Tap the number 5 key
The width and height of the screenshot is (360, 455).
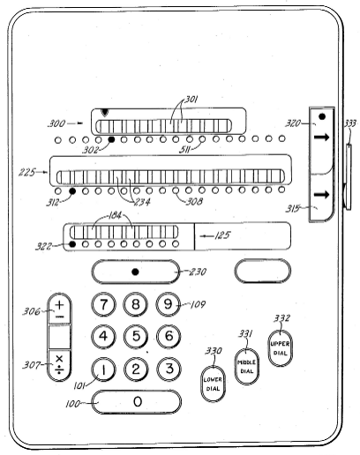pyautogui.click(x=136, y=337)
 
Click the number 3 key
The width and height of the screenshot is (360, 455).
pyautogui.click(x=169, y=369)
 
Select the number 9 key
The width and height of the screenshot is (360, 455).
pyautogui.click(x=168, y=304)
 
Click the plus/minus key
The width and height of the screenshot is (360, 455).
pyautogui.click(x=59, y=309)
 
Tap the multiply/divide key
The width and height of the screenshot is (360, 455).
pyautogui.click(x=59, y=365)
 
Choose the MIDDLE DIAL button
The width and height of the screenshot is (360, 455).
pyautogui.click(x=247, y=367)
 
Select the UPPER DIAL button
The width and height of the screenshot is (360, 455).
pyautogui.click(x=280, y=348)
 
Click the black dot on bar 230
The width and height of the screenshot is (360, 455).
pyautogui.click(x=135, y=272)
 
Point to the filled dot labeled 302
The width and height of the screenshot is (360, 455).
pyautogui.click(x=111, y=139)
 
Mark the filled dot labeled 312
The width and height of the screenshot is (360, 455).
pyautogui.click(x=72, y=191)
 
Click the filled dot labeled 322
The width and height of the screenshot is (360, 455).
pyautogui.click(x=72, y=244)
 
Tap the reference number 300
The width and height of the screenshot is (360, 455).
pyautogui.click(x=56, y=123)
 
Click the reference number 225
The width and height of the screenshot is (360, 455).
pyautogui.click(x=27, y=172)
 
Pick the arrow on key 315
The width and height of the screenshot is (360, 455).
pyautogui.click(x=321, y=195)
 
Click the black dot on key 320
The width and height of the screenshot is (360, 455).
pyautogui.click(x=322, y=116)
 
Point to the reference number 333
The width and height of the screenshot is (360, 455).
pyautogui.click(x=349, y=123)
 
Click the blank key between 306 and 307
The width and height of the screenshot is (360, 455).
pyautogui.click(x=59, y=337)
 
